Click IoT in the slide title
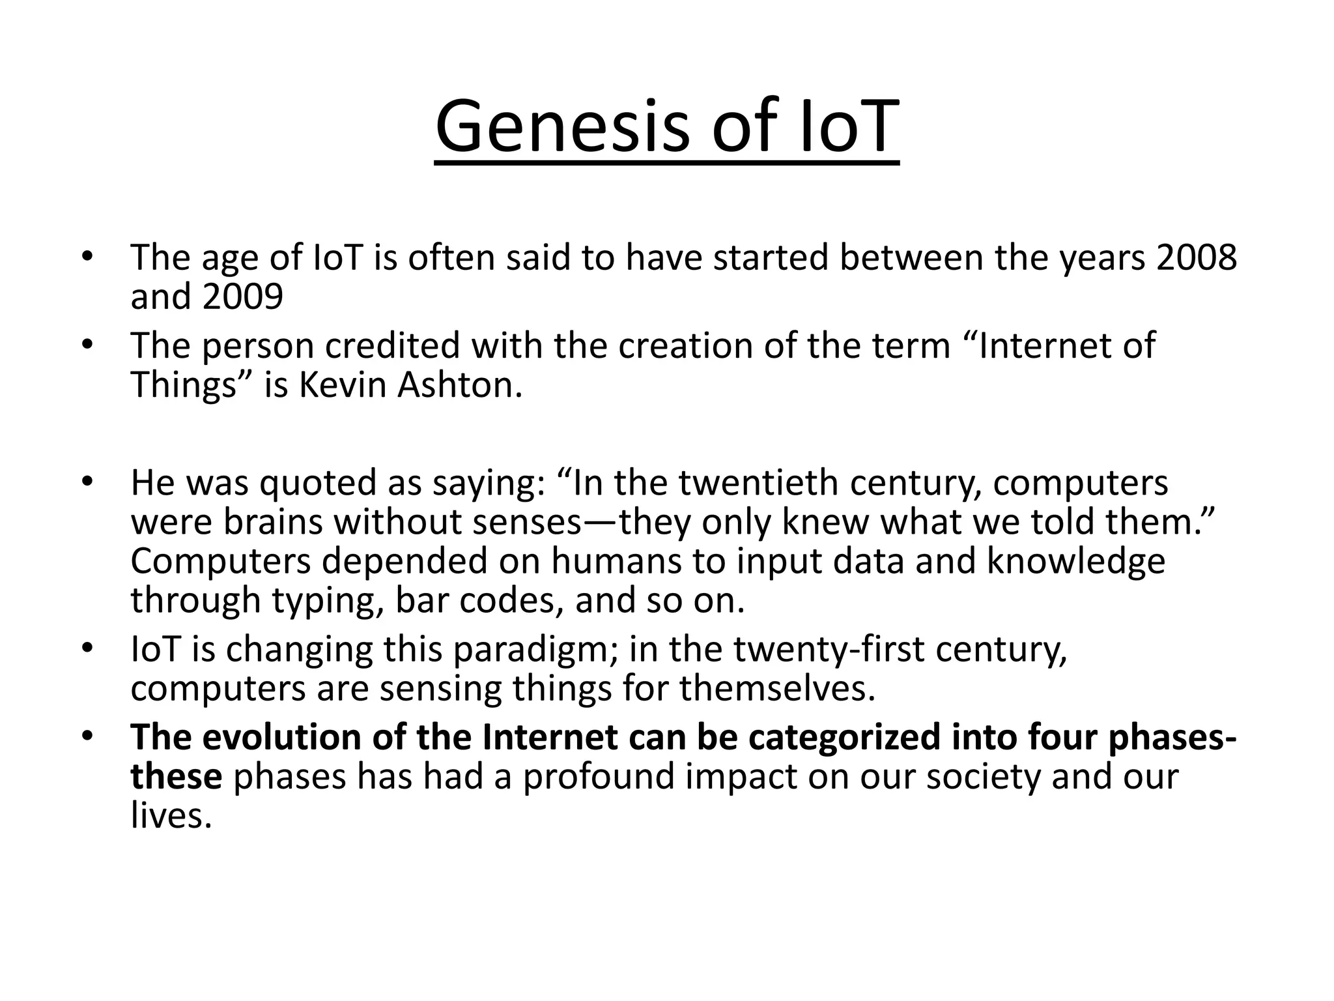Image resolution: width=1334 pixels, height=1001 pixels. (849, 126)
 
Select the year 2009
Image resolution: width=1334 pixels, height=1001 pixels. (242, 297)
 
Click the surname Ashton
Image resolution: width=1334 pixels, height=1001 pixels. (460, 386)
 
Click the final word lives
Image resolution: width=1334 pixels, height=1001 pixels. (171, 817)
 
